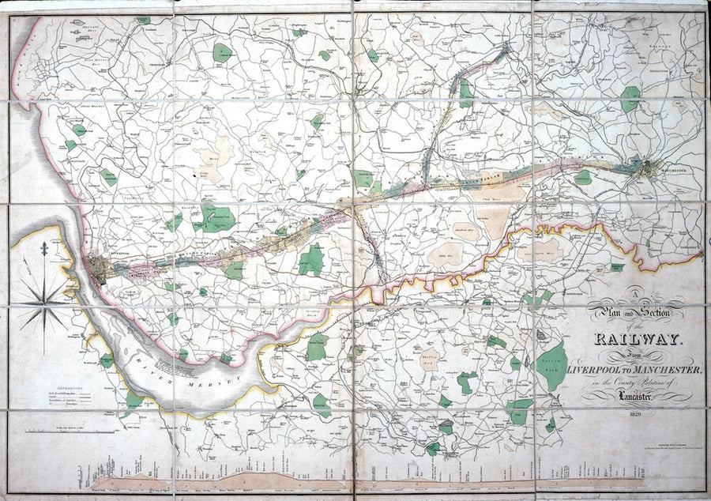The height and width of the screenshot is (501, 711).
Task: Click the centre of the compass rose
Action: pos(44,303)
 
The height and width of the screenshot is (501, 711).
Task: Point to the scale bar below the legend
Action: pos(59,431)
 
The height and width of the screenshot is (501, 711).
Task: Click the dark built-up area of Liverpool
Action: pos(100,269)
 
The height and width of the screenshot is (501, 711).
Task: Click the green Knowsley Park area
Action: pos(214,217)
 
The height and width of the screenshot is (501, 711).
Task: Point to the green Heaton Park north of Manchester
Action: pos(630,99)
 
